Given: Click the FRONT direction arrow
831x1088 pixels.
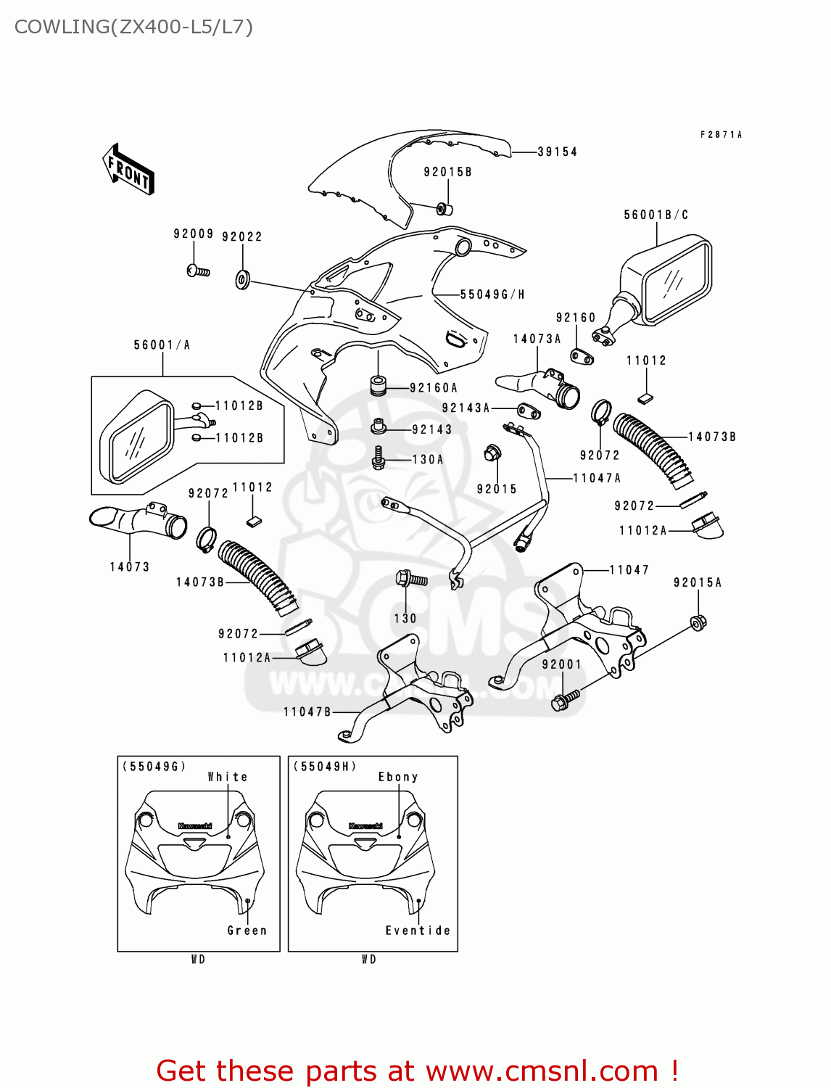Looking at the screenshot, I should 129,170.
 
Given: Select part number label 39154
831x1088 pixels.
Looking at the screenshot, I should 557,152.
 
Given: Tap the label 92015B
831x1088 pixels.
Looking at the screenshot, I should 447,172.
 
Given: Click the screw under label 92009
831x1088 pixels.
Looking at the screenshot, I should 197,271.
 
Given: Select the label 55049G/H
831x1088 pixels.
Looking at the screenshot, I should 492,294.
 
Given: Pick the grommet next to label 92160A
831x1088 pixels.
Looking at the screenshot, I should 378,385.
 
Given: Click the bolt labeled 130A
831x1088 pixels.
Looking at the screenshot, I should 378,458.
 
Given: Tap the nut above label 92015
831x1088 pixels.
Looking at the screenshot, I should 492,454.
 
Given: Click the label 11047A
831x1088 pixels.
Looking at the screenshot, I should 597,478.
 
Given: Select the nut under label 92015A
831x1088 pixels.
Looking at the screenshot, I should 698,622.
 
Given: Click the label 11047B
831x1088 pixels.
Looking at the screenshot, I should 307,712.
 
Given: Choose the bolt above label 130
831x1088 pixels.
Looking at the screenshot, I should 409,579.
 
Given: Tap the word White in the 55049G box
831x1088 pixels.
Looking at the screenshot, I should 228,777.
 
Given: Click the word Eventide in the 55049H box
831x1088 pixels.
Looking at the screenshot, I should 418,931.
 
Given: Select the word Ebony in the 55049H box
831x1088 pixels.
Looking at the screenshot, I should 398,777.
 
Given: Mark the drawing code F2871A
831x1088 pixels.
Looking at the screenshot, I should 721,135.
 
